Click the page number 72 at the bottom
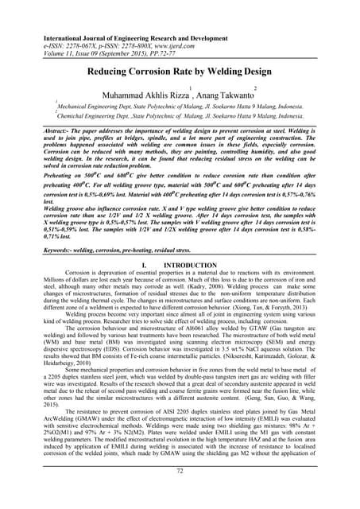click(x=180, y=494)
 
